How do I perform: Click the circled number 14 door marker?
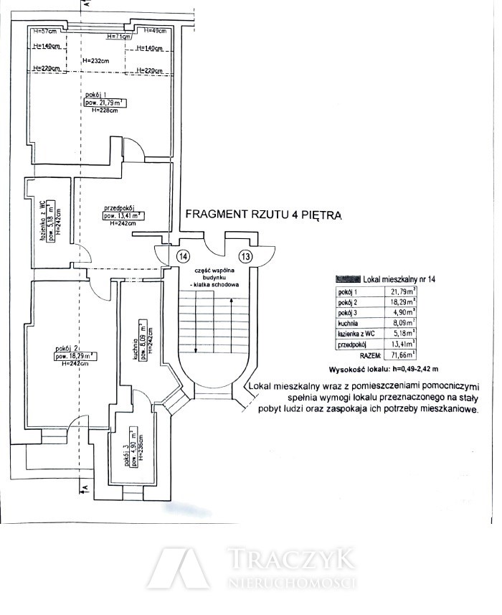point(183,256)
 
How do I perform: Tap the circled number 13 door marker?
point(246,256)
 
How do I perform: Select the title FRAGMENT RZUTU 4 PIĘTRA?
point(263,214)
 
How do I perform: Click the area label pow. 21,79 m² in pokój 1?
point(104,103)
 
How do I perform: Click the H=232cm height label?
point(95,60)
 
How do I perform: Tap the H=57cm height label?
point(45,31)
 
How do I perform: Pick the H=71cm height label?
point(119,37)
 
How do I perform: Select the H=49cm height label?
point(155,31)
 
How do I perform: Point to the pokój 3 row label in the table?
point(348,313)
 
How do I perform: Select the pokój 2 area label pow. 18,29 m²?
point(75,355)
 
